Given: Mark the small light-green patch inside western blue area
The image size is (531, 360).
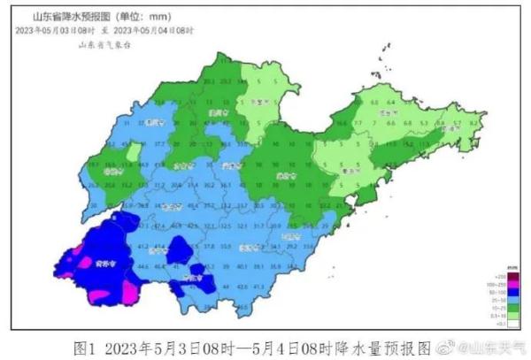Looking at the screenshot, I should pos(132,153).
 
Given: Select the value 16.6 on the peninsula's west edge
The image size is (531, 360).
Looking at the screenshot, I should pos(342,125).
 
